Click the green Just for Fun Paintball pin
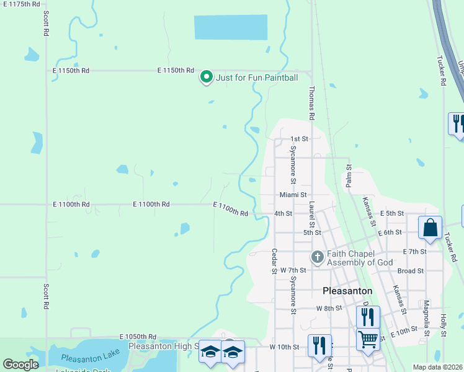(x=207, y=77)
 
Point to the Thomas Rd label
(x=311, y=103)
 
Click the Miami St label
(x=293, y=195)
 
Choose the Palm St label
(x=348, y=175)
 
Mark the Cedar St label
(x=274, y=261)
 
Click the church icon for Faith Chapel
(x=317, y=257)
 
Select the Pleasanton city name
(x=347, y=290)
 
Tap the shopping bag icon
(x=430, y=228)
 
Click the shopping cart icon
(x=368, y=340)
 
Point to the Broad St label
(x=410, y=271)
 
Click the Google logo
(x=20, y=365)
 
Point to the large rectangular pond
(x=230, y=27)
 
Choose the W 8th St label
(x=329, y=308)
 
